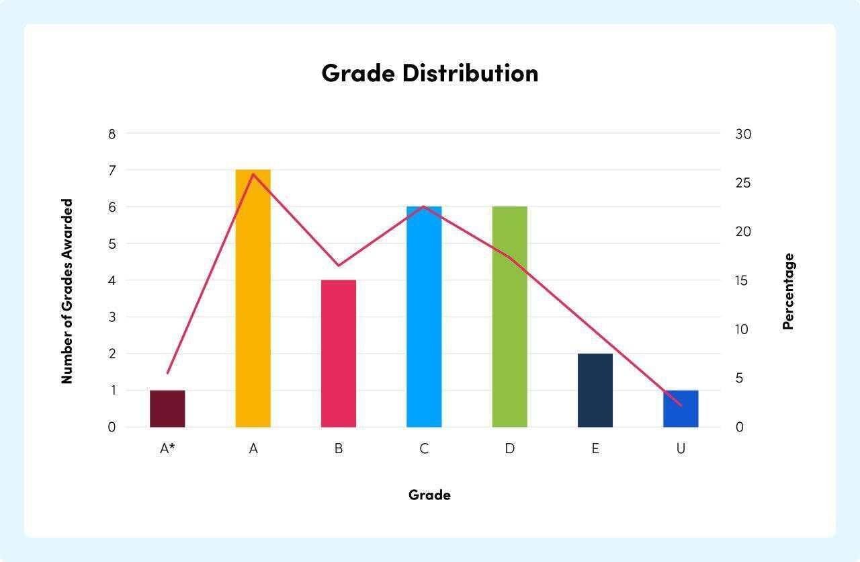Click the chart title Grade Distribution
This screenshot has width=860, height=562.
430,73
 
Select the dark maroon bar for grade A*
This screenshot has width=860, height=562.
167,409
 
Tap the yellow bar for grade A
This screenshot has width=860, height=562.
253,298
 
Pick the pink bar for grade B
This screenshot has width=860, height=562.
339,354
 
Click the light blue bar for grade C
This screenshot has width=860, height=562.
424,317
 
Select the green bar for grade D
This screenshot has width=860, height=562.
509,317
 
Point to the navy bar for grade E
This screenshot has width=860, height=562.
595,391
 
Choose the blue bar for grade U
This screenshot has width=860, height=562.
681,409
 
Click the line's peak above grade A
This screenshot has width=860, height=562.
253,174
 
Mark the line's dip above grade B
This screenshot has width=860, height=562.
339,266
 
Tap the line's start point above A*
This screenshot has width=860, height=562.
167,372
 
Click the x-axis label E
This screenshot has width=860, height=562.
595,448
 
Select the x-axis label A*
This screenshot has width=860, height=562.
167,448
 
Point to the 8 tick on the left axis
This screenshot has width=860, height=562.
112,134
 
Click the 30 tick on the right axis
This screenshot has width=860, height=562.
743,134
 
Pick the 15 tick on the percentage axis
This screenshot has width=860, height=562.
742,280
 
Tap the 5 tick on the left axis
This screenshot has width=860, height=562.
112,244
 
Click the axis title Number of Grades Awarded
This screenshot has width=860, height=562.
67,291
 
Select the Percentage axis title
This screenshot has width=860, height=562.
788,291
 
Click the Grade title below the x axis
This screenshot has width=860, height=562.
429,495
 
